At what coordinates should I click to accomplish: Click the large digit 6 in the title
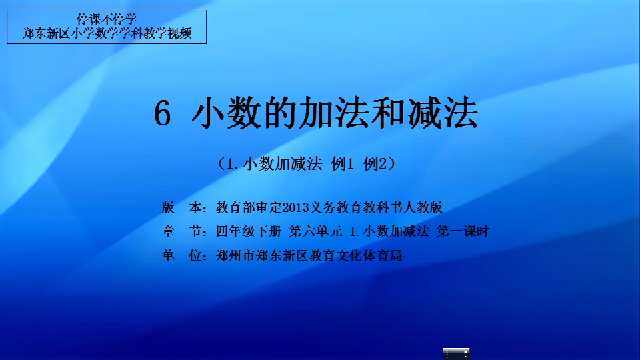[x=162, y=113]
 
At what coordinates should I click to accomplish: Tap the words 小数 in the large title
[x=226, y=113]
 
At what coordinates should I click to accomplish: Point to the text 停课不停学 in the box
[x=107, y=19]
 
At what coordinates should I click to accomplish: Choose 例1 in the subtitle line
[x=343, y=164]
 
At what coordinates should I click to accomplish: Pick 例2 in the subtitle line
[x=375, y=164]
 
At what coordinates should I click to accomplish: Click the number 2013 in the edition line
[x=295, y=208]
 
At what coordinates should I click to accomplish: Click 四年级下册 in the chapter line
[x=249, y=231]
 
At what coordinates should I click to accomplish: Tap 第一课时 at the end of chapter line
[x=463, y=231]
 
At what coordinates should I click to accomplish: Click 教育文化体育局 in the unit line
[x=355, y=255]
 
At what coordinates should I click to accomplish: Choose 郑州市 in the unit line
[x=235, y=255]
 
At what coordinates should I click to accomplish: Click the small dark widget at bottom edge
[x=456, y=354]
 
